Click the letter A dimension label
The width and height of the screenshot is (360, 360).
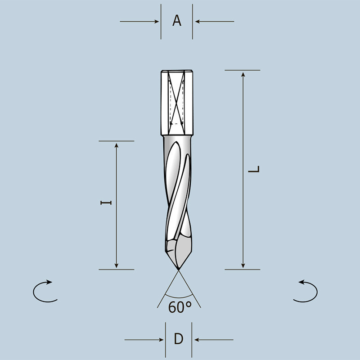click(x=177, y=21)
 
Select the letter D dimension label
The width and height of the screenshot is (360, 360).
click(x=179, y=339)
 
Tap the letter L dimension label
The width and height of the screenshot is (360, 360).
click(x=255, y=170)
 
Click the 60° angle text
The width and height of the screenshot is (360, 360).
click(x=180, y=307)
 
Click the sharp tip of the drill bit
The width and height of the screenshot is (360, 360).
click(x=179, y=270)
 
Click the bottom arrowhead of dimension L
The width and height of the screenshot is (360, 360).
click(x=243, y=266)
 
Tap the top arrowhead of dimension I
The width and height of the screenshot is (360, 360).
click(x=117, y=144)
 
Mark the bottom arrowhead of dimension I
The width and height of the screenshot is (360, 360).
click(x=117, y=266)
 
